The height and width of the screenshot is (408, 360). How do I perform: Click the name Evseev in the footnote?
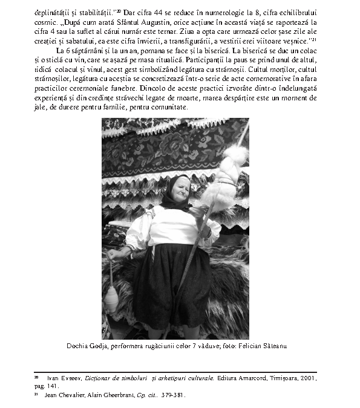click(70, 378)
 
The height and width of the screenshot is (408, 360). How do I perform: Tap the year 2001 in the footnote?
click(307, 378)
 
